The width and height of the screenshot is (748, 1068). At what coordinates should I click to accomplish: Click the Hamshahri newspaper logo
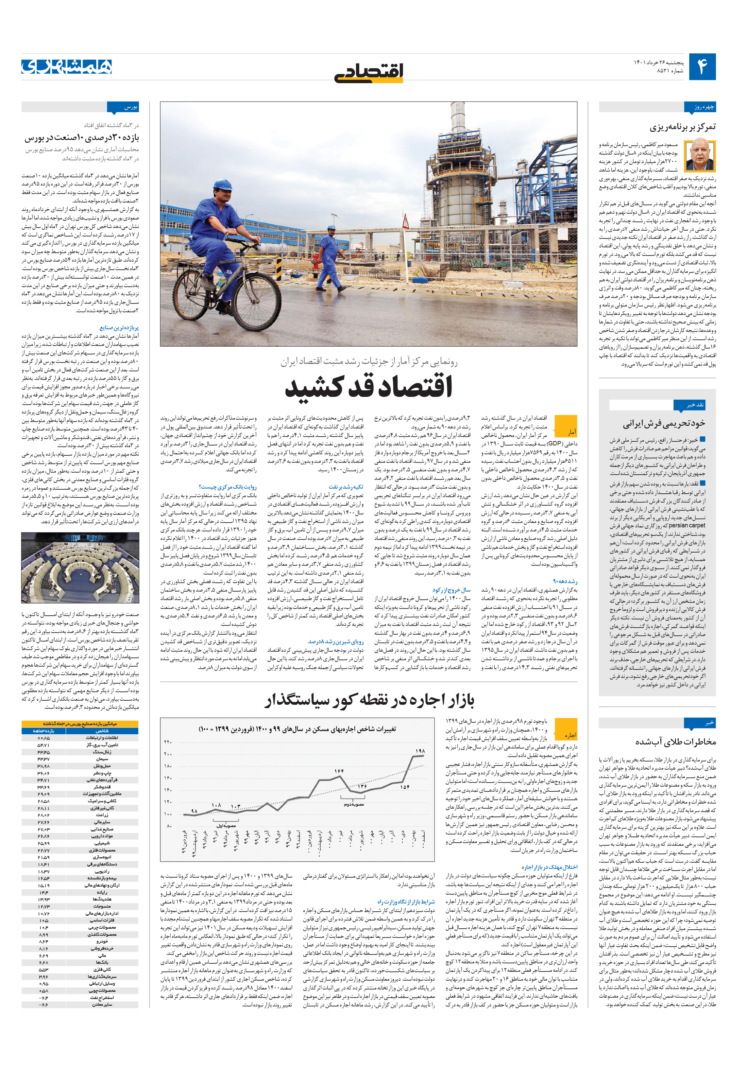point(67,67)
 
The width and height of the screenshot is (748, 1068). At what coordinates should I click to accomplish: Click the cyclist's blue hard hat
point(222,184)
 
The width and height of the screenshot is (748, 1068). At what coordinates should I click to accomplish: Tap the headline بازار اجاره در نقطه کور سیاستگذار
point(370,700)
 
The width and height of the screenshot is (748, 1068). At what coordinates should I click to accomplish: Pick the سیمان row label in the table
point(102,759)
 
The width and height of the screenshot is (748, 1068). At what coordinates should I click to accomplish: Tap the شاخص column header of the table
point(102,731)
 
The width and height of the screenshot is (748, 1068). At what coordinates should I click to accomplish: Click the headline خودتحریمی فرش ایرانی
point(664,423)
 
